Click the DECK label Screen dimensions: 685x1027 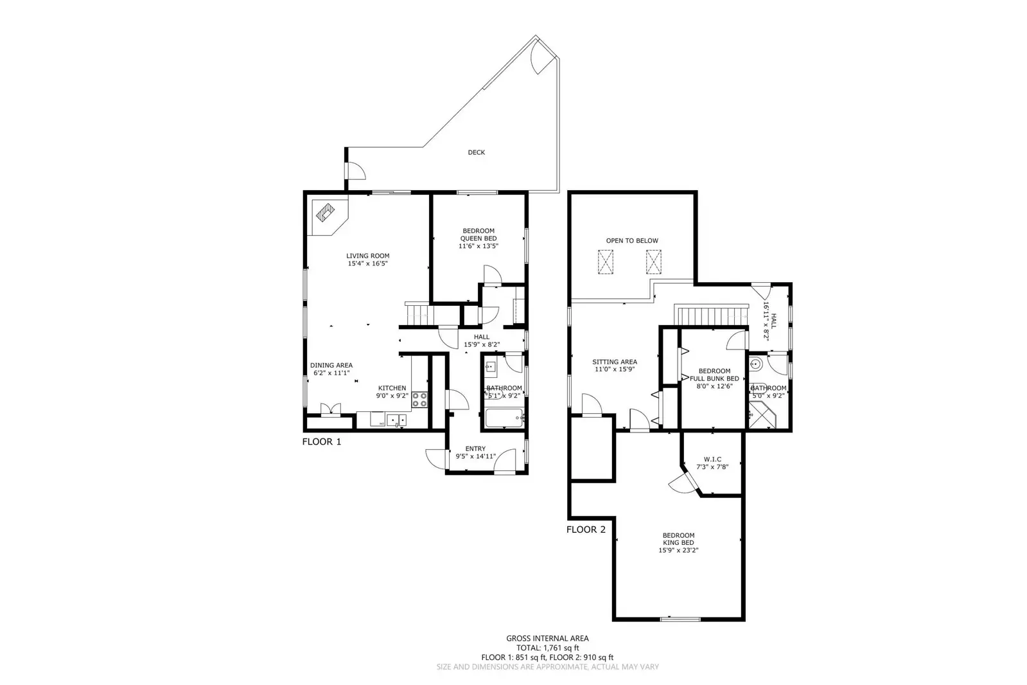pyautogui.click(x=476, y=152)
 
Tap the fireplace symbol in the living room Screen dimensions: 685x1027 pyautogui.click(x=325, y=212)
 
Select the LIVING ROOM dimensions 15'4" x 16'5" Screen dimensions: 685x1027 pyautogui.click(x=367, y=263)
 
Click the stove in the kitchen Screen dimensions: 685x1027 pyautogui.click(x=420, y=400)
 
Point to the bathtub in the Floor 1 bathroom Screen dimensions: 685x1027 pyautogui.click(x=504, y=420)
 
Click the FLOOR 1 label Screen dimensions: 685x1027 pyautogui.click(x=322, y=441)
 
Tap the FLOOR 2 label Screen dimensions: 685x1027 pyautogui.click(x=585, y=530)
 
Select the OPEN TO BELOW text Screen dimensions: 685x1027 pyautogui.click(x=632, y=240)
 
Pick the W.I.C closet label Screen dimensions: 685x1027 pyautogui.click(x=712, y=459)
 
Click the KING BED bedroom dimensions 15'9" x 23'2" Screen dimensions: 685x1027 pyautogui.click(x=678, y=550)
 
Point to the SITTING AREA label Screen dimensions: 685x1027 pyautogui.click(x=615, y=362)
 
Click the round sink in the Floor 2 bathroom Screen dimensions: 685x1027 pyautogui.click(x=756, y=364)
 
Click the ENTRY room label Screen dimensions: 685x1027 pyautogui.click(x=475, y=449)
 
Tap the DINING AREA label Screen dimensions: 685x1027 pyautogui.click(x=331, y=365)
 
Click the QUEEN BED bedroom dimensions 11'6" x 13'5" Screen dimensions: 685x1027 pyautogui.click(x=478, y=246)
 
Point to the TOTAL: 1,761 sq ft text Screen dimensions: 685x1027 pyautogui.click(x=547, y=648)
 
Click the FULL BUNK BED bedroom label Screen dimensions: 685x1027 pyautogui.click(x=714, y=375)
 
